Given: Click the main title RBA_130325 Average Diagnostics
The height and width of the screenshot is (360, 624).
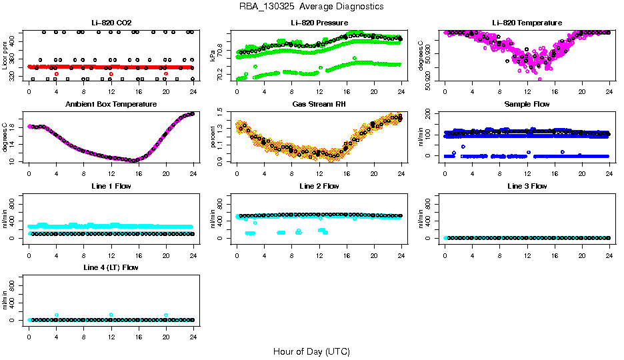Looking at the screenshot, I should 311,7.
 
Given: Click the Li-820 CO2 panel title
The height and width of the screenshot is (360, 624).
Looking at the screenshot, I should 111,23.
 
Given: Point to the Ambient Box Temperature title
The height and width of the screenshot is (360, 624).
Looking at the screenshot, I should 111,105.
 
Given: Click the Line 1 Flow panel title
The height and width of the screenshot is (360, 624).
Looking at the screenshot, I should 111,186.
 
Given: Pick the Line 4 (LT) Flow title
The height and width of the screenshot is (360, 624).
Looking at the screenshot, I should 111,267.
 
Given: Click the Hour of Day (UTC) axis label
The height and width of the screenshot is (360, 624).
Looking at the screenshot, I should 311,351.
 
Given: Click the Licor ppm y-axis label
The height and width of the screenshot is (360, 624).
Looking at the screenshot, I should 5,56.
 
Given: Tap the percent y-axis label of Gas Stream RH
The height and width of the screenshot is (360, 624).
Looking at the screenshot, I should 213,137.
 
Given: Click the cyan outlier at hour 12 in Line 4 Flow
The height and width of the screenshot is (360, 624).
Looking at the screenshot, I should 111,315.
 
